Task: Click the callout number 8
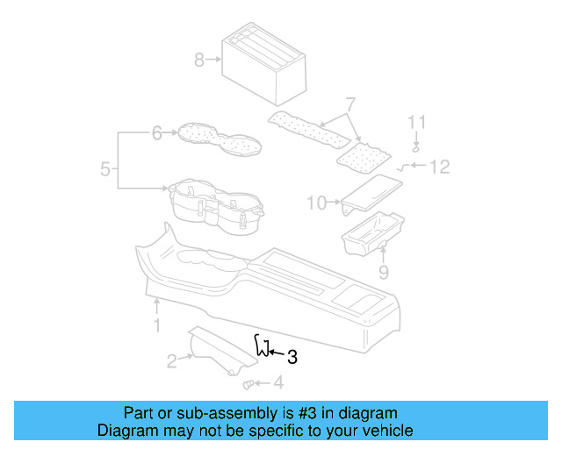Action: point(199,60)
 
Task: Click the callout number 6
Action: point(156,133)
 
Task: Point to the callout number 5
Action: point(105,169)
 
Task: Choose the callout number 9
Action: point(383,273)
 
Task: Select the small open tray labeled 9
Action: point(371,234)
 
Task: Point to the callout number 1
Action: point(156,326)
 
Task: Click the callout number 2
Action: point(172,360)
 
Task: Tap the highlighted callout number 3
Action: point(292,357)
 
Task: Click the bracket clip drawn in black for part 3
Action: point(261,346)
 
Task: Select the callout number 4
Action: point(278,382)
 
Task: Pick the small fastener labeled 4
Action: point(248,382)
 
